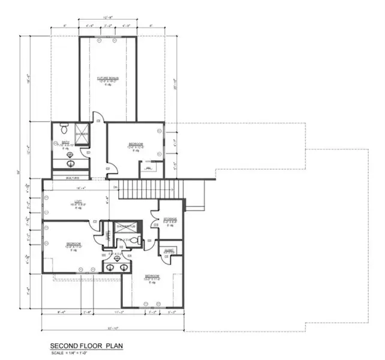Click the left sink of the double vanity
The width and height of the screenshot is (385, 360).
click(x=109, y=267)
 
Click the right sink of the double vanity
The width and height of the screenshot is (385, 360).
click(x=124, y=267)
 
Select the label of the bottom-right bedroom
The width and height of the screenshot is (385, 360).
click(x=151, y=278)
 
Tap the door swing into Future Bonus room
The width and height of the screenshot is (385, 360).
click(x=98, y=118)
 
